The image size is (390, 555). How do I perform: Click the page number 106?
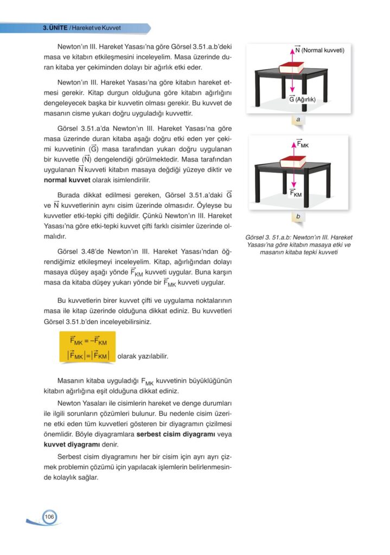pyautogui.click(x=49, y=517)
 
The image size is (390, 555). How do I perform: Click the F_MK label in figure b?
pyautogui.click(x=303, y=144)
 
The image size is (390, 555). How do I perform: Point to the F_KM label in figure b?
pyautogui.click(x=296, y=193)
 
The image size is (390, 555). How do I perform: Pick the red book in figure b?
pyautogui.click(x=293, y=162)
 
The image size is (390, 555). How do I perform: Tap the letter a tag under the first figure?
pyautogui.click(x=298, y=118)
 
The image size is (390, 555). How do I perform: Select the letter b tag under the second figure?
pyautogui.click(x=298, y=217)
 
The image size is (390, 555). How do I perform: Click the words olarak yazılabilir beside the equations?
pyautogui.click(x=143, y=357)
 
